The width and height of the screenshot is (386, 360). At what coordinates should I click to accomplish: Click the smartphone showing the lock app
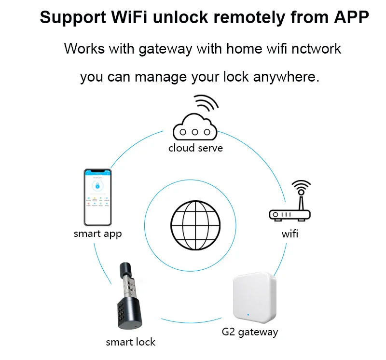[98, 197]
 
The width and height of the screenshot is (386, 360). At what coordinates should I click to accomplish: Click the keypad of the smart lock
[127, 309]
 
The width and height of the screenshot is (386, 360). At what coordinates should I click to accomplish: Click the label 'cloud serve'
[195, 148]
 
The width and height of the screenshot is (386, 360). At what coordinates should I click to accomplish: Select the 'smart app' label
[97, 234]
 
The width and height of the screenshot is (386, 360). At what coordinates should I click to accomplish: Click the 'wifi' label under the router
[290, 234]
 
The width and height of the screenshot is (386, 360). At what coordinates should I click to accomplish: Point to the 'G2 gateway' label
[249, 332]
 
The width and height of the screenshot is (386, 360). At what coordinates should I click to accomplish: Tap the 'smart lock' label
[130, 342]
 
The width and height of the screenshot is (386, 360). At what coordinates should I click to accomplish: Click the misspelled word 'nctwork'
[316, 49]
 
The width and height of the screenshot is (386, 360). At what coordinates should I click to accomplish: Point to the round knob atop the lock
[126, 269]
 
